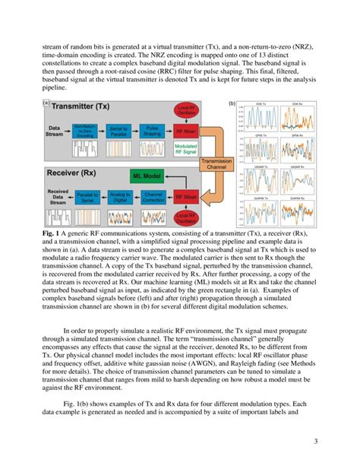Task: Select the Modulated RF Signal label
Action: click(x=185, y=148)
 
